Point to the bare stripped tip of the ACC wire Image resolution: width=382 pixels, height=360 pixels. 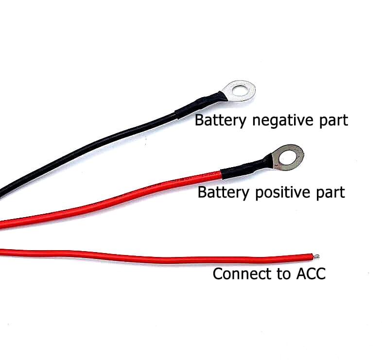pos(316,256)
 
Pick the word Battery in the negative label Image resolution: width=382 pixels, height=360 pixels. pos(220,120)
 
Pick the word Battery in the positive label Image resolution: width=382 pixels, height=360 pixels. pos(224,192)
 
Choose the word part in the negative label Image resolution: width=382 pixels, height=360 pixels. pos(332,120)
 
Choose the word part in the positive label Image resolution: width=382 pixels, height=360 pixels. pos(330,193)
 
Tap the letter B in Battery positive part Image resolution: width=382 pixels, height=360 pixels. pos(202,192)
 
